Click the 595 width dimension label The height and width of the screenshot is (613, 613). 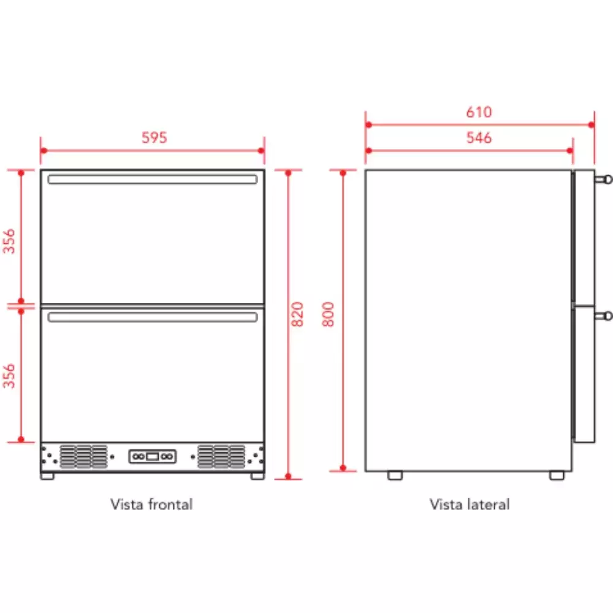click(x=154, y=137)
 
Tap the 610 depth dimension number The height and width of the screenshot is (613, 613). click(x=479, y=112)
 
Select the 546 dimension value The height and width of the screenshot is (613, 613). click(x=479, y=137)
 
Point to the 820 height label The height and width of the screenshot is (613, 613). click(x=297, y=314)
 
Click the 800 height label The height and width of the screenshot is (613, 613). click(x=328, y=314)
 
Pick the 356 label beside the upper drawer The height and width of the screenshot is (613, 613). click(x=9, y=241)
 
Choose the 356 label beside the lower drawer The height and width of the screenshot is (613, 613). click(x=9, y=376)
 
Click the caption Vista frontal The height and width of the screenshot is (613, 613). click(x=151, y=504)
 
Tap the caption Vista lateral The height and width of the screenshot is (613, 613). click(x=470, y=504)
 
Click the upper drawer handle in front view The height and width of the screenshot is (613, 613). click(x=153, y=180)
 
